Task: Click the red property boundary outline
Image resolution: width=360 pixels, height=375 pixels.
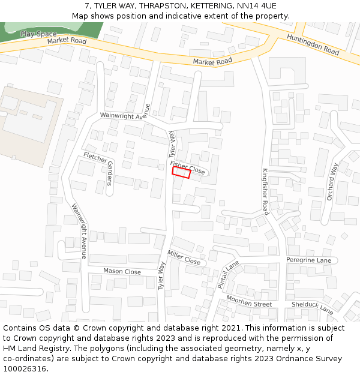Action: click(181, 173)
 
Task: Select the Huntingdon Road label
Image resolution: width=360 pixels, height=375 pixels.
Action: click(313, 45)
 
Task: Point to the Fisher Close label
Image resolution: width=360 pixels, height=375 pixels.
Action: click(187, 167)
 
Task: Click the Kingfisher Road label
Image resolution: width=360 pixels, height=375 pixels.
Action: click(265, 191)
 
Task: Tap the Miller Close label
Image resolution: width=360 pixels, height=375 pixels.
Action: click(184, 257)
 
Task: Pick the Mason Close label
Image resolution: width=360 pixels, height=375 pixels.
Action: click(122, 272)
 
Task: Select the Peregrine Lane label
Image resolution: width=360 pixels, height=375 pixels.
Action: click(308, 260)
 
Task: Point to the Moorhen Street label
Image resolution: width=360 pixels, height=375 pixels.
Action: click(249, 304)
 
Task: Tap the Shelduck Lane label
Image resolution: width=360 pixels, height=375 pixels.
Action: click(312, 307)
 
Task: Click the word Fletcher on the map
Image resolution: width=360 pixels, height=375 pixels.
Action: click(95, 158)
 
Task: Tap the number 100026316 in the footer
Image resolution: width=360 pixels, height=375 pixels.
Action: click(25, 369)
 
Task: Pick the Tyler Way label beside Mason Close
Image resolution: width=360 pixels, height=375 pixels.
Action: click(162, 275)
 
